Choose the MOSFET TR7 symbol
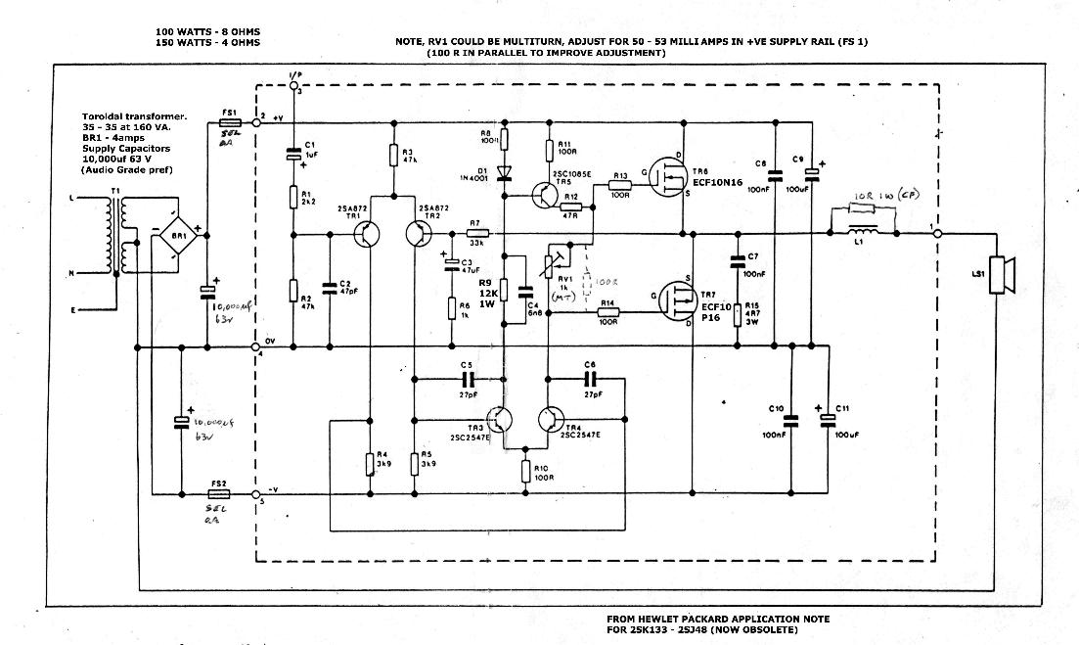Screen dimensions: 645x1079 click(674, 300)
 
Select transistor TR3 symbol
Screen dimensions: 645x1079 click(503, 420)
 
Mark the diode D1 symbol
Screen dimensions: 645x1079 click(504, 174)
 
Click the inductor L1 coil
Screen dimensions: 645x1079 click(864, 232)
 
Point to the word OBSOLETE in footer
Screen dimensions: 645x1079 click(769, 630)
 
